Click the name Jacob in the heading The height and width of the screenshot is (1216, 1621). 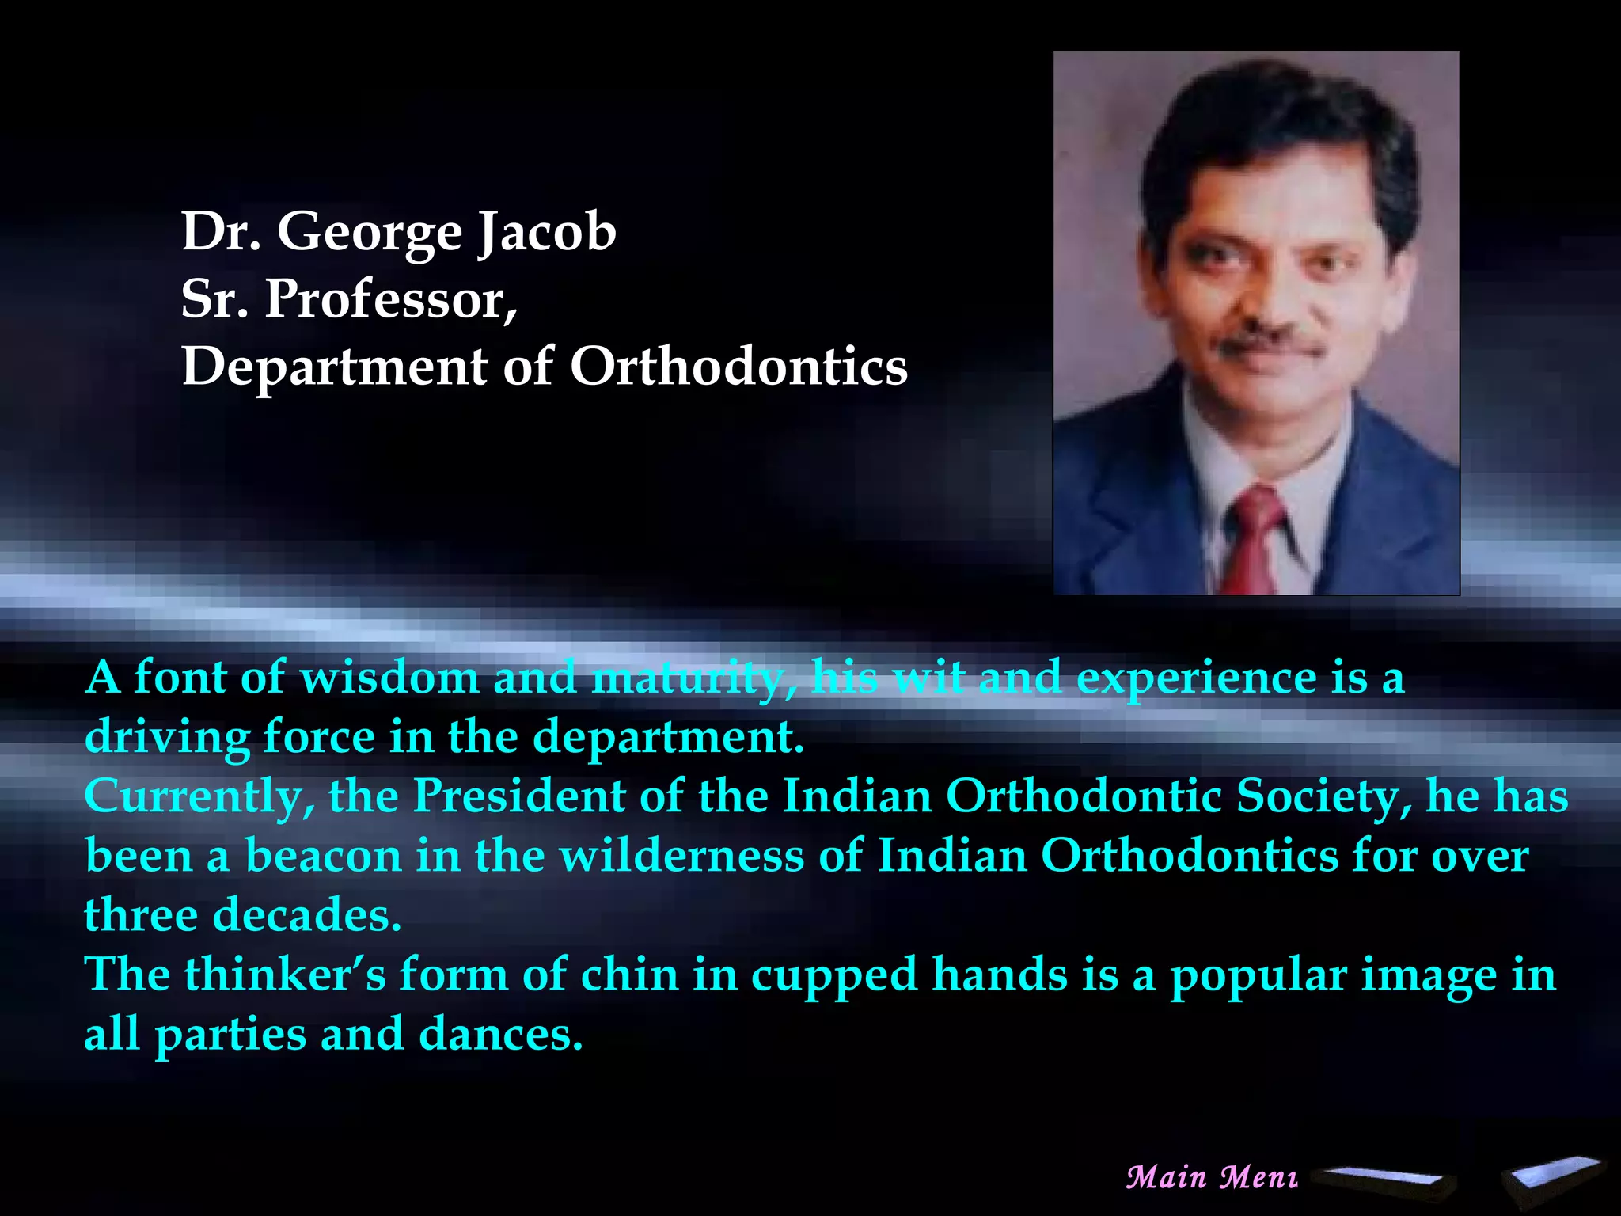click(547, 232)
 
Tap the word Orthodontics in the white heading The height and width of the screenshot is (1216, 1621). click(738, 367)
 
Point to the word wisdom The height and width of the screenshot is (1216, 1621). click(389, 678)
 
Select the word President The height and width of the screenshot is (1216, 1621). click(518, 796)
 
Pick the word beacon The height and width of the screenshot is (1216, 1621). click(324, 855)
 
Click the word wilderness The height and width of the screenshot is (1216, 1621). click(682, 855)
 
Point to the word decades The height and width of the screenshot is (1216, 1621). click(307, 914)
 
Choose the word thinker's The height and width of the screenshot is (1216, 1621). click(285, 974)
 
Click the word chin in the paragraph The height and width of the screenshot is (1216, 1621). click(629, 974)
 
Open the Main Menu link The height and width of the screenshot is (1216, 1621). click(1212, 1177)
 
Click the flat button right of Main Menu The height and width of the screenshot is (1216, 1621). click(1389, 1180)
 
